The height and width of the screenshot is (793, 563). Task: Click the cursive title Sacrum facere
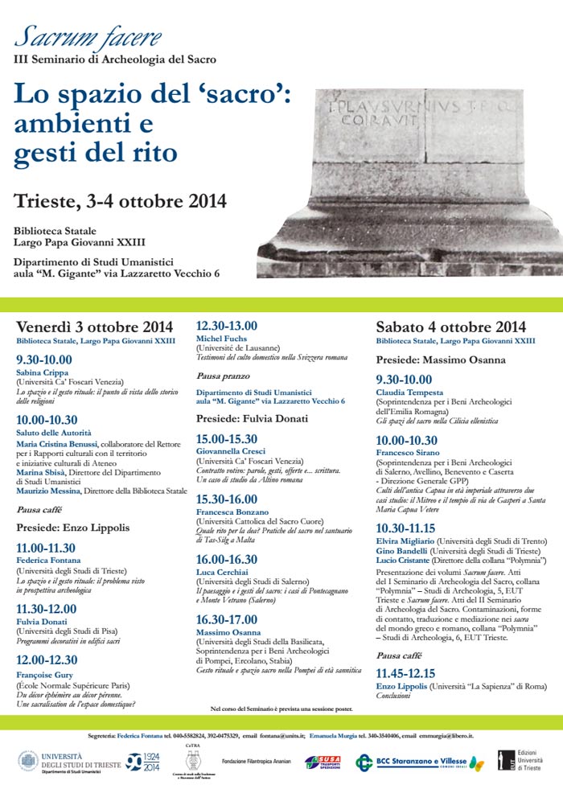click(x=88, y=37)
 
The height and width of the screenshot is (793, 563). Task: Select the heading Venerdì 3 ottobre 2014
click(x=95, y=327)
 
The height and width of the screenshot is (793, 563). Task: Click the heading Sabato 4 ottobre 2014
click(x=450, y=327)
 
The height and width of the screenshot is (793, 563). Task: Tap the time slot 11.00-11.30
click(x=47, y=524)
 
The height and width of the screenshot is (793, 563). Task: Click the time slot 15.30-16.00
click(x=227, y=499)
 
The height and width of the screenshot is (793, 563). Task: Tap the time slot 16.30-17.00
click(x=227, y=618)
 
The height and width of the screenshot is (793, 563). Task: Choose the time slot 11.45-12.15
click(x=405, y=672)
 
